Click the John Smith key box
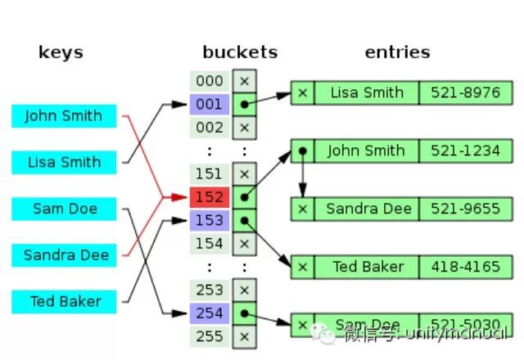(64, 116)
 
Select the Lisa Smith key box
(64, 162)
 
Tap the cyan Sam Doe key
(64, 209)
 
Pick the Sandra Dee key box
(64, 254)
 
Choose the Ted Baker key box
(64, 301)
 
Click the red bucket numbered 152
(210, 196)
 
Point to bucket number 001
(210, 104)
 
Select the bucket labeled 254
(210, 313)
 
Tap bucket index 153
(210, 219)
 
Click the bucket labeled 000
(210, 81)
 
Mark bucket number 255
(210, 335)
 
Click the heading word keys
(61, 52)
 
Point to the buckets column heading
(240, 52)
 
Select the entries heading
(397, 52)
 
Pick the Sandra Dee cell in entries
(366, 209)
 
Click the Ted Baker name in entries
(366, 267)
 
